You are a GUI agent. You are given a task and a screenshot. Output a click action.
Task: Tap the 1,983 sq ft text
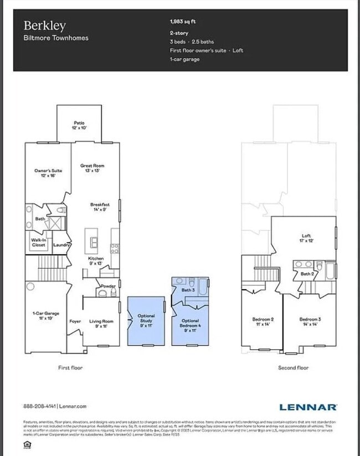[x=182, y=22]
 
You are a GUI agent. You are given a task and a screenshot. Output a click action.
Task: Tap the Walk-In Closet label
[x=39, y=242]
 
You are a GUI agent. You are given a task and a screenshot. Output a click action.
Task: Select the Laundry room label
[x=60, y=244]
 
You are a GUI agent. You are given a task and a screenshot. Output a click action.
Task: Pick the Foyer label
[x=75, y=321]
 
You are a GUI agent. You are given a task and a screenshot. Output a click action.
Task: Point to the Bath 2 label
[x=307, y=274]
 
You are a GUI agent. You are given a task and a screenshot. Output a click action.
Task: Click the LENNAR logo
[x=308, y=407]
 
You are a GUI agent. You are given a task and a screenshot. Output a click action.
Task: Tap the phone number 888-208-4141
[x=39, y=407]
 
